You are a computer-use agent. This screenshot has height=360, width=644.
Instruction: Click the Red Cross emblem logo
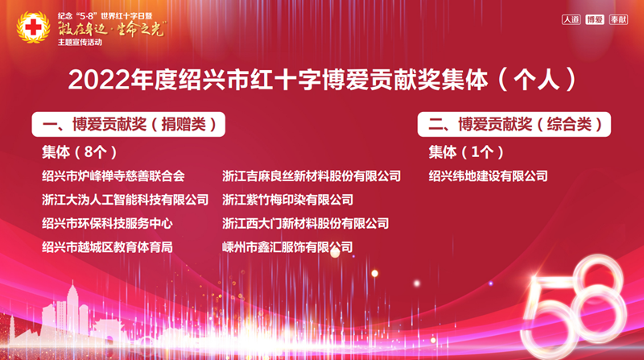coord(33,27)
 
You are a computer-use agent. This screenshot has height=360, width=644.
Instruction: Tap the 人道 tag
coord(571,19)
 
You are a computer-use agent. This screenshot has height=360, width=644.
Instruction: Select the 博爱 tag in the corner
coord(595,19)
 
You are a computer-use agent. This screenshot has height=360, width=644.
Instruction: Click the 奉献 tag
coord(618,19)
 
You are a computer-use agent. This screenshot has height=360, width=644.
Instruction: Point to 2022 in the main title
coord(98,79)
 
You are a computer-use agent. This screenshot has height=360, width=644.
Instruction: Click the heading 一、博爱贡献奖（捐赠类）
coord(129,124)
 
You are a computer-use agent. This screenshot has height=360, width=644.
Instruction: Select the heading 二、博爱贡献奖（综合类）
coord(514,124)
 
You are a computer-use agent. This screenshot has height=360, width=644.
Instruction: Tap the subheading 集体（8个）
coord(80,152)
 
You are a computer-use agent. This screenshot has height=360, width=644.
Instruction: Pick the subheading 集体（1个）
coord(466,152)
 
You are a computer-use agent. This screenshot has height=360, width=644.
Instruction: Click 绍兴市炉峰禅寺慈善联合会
coord(114,176)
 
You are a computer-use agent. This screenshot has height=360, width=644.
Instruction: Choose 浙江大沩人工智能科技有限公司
coord(126,201)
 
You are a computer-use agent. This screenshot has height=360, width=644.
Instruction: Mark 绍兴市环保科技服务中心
coord(107,224)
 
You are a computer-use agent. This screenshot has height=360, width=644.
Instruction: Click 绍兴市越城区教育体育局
coord(107,247)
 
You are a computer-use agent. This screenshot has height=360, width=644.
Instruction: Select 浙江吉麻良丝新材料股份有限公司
coord(312,176)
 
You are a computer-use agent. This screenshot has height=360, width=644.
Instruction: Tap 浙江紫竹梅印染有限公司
coord(288,201)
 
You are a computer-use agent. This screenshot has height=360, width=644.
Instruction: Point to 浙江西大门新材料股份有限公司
coord(306,224)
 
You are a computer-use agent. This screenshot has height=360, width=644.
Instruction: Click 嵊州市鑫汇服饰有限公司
coord(287,247)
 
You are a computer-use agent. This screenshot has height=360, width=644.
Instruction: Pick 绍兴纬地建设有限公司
coord(489,176)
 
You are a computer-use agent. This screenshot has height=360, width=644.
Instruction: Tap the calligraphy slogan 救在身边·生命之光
coord(112,29)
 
